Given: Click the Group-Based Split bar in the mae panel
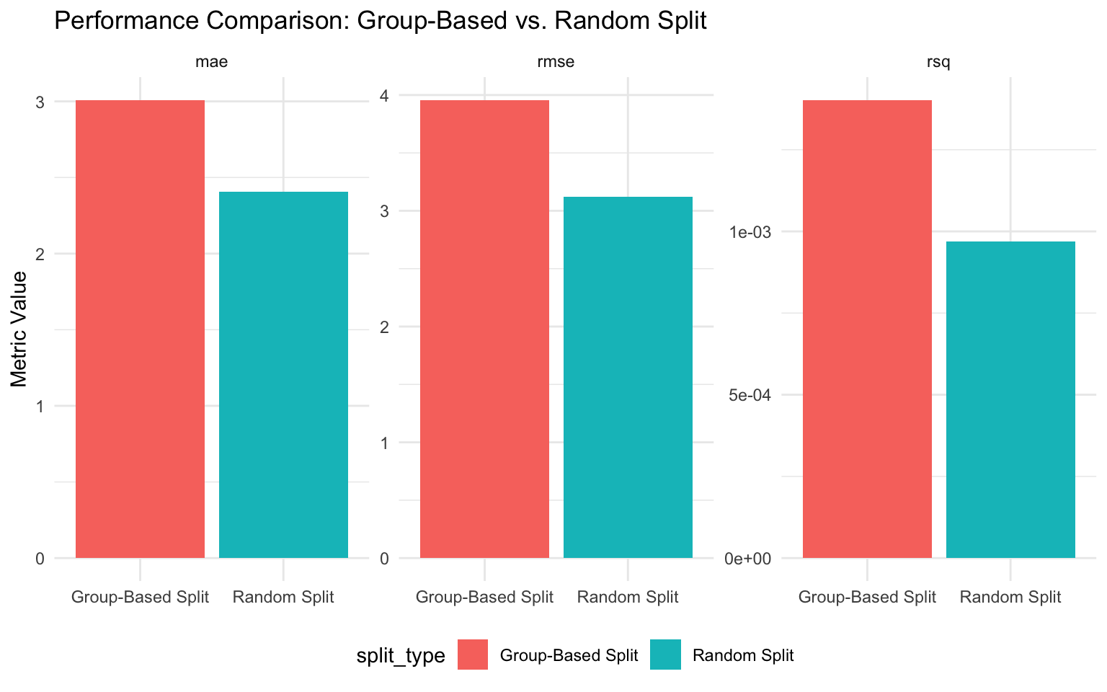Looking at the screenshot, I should (x=140, y=329).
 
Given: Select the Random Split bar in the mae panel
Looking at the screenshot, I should (x=283, y=375).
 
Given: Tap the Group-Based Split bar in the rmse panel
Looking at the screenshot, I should (x=484, y=329).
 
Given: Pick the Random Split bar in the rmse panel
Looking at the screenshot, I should (x=628, y=377).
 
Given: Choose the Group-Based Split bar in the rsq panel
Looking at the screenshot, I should (x=867, y=329).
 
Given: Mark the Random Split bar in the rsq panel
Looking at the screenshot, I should (x=1010, y=399).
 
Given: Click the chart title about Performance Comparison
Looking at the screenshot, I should (x=380, y=21).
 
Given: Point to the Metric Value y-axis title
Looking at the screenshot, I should (x=20, y=329).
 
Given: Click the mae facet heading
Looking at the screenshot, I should (x=211, y=62).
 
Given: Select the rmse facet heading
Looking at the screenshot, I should (x=556, y=62).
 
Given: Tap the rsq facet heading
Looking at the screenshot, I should (x=938, y=62).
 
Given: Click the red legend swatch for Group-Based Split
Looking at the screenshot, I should (x=473, y=655).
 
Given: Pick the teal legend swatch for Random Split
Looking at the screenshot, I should (x=665, y=655).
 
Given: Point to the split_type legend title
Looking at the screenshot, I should (x=400, y=656).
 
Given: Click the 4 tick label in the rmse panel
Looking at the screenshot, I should (x=384, y=96).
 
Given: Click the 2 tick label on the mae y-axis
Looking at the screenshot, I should (x=40, y=254).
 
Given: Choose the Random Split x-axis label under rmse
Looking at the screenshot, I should (x=628, y=597).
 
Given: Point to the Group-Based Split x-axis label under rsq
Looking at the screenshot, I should (x=867, y=597).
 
